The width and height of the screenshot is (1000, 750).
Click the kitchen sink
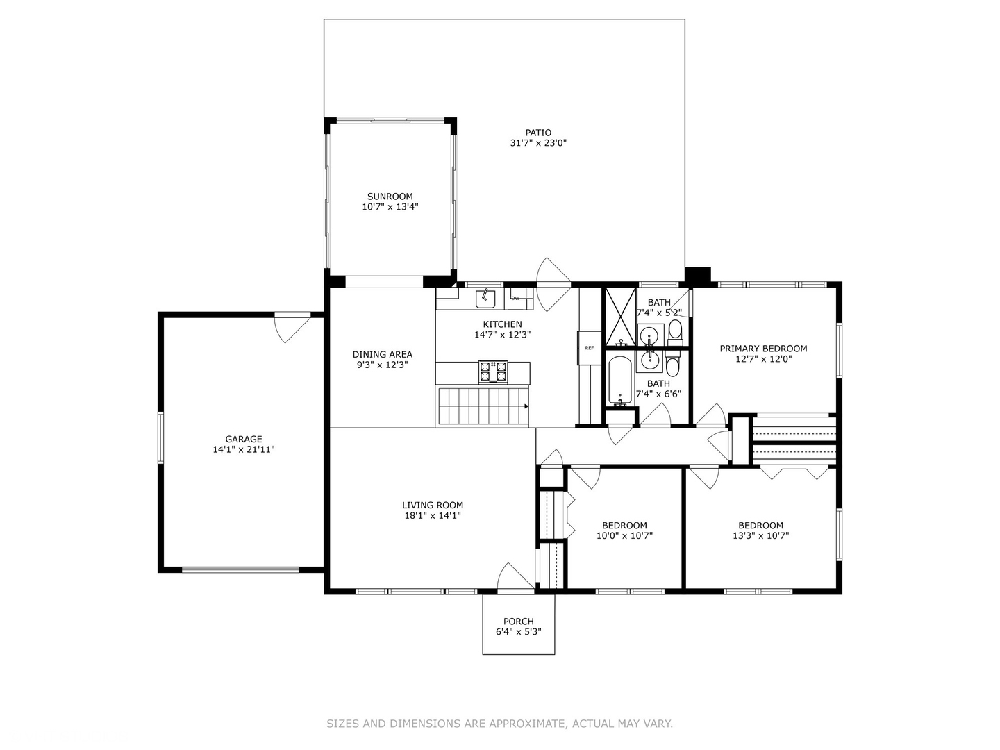click(x=485, y=299)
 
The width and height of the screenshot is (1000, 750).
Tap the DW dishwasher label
click(x=515, y=299)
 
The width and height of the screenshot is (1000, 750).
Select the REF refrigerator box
click(x=590, y=348)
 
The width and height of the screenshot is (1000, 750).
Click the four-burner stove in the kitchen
click(x=493, y=372)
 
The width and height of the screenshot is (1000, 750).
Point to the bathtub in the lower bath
click(x=619, y=381)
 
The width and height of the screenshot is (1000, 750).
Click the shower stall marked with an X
click(x=619, y=316)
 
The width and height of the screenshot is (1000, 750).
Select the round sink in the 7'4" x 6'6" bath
click(x=651, y=360)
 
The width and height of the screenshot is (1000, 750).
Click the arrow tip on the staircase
click(x=526, y=406)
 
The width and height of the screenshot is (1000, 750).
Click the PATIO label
click(x=538, y=133)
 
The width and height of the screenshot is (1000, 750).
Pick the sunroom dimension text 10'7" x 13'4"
click(x=390, y=207)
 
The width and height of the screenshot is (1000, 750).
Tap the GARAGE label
click(x=244, y=439)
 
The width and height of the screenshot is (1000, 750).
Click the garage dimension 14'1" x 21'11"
click(x=244, y=450)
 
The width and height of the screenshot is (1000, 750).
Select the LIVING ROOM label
click(x=433, y=506)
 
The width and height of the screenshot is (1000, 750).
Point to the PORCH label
click(x=519, y=622)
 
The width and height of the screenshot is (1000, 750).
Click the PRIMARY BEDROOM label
click(x=763, y=349)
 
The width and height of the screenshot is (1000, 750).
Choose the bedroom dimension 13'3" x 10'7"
click(x=761, y=536)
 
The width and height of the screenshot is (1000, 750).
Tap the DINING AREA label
click(x=383, y=354)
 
